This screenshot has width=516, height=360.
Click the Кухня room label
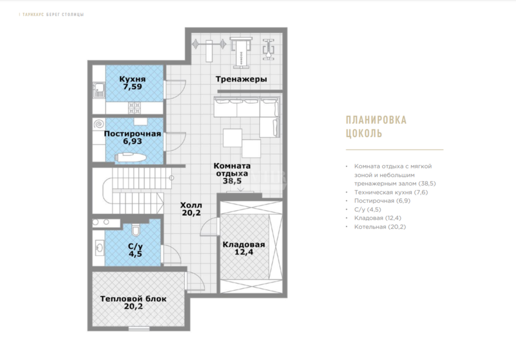132,79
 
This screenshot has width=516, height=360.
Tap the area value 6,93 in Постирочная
133,142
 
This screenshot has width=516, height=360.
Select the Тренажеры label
241,79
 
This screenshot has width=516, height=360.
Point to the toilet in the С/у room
136,230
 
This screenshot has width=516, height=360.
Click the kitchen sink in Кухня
99,90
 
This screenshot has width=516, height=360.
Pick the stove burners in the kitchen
134,108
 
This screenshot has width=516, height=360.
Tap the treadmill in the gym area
241,52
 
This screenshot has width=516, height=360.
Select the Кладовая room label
244,244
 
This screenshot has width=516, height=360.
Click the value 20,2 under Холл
191,213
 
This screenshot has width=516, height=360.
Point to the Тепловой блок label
133,299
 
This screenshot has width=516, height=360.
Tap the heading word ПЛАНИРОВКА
376,120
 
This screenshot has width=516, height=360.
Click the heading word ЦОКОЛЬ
364,133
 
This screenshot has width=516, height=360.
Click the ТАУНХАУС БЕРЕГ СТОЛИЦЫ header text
53,14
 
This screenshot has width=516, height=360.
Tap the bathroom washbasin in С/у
100,247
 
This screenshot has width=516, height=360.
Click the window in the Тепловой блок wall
139,328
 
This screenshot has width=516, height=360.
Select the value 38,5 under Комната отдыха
232,181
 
